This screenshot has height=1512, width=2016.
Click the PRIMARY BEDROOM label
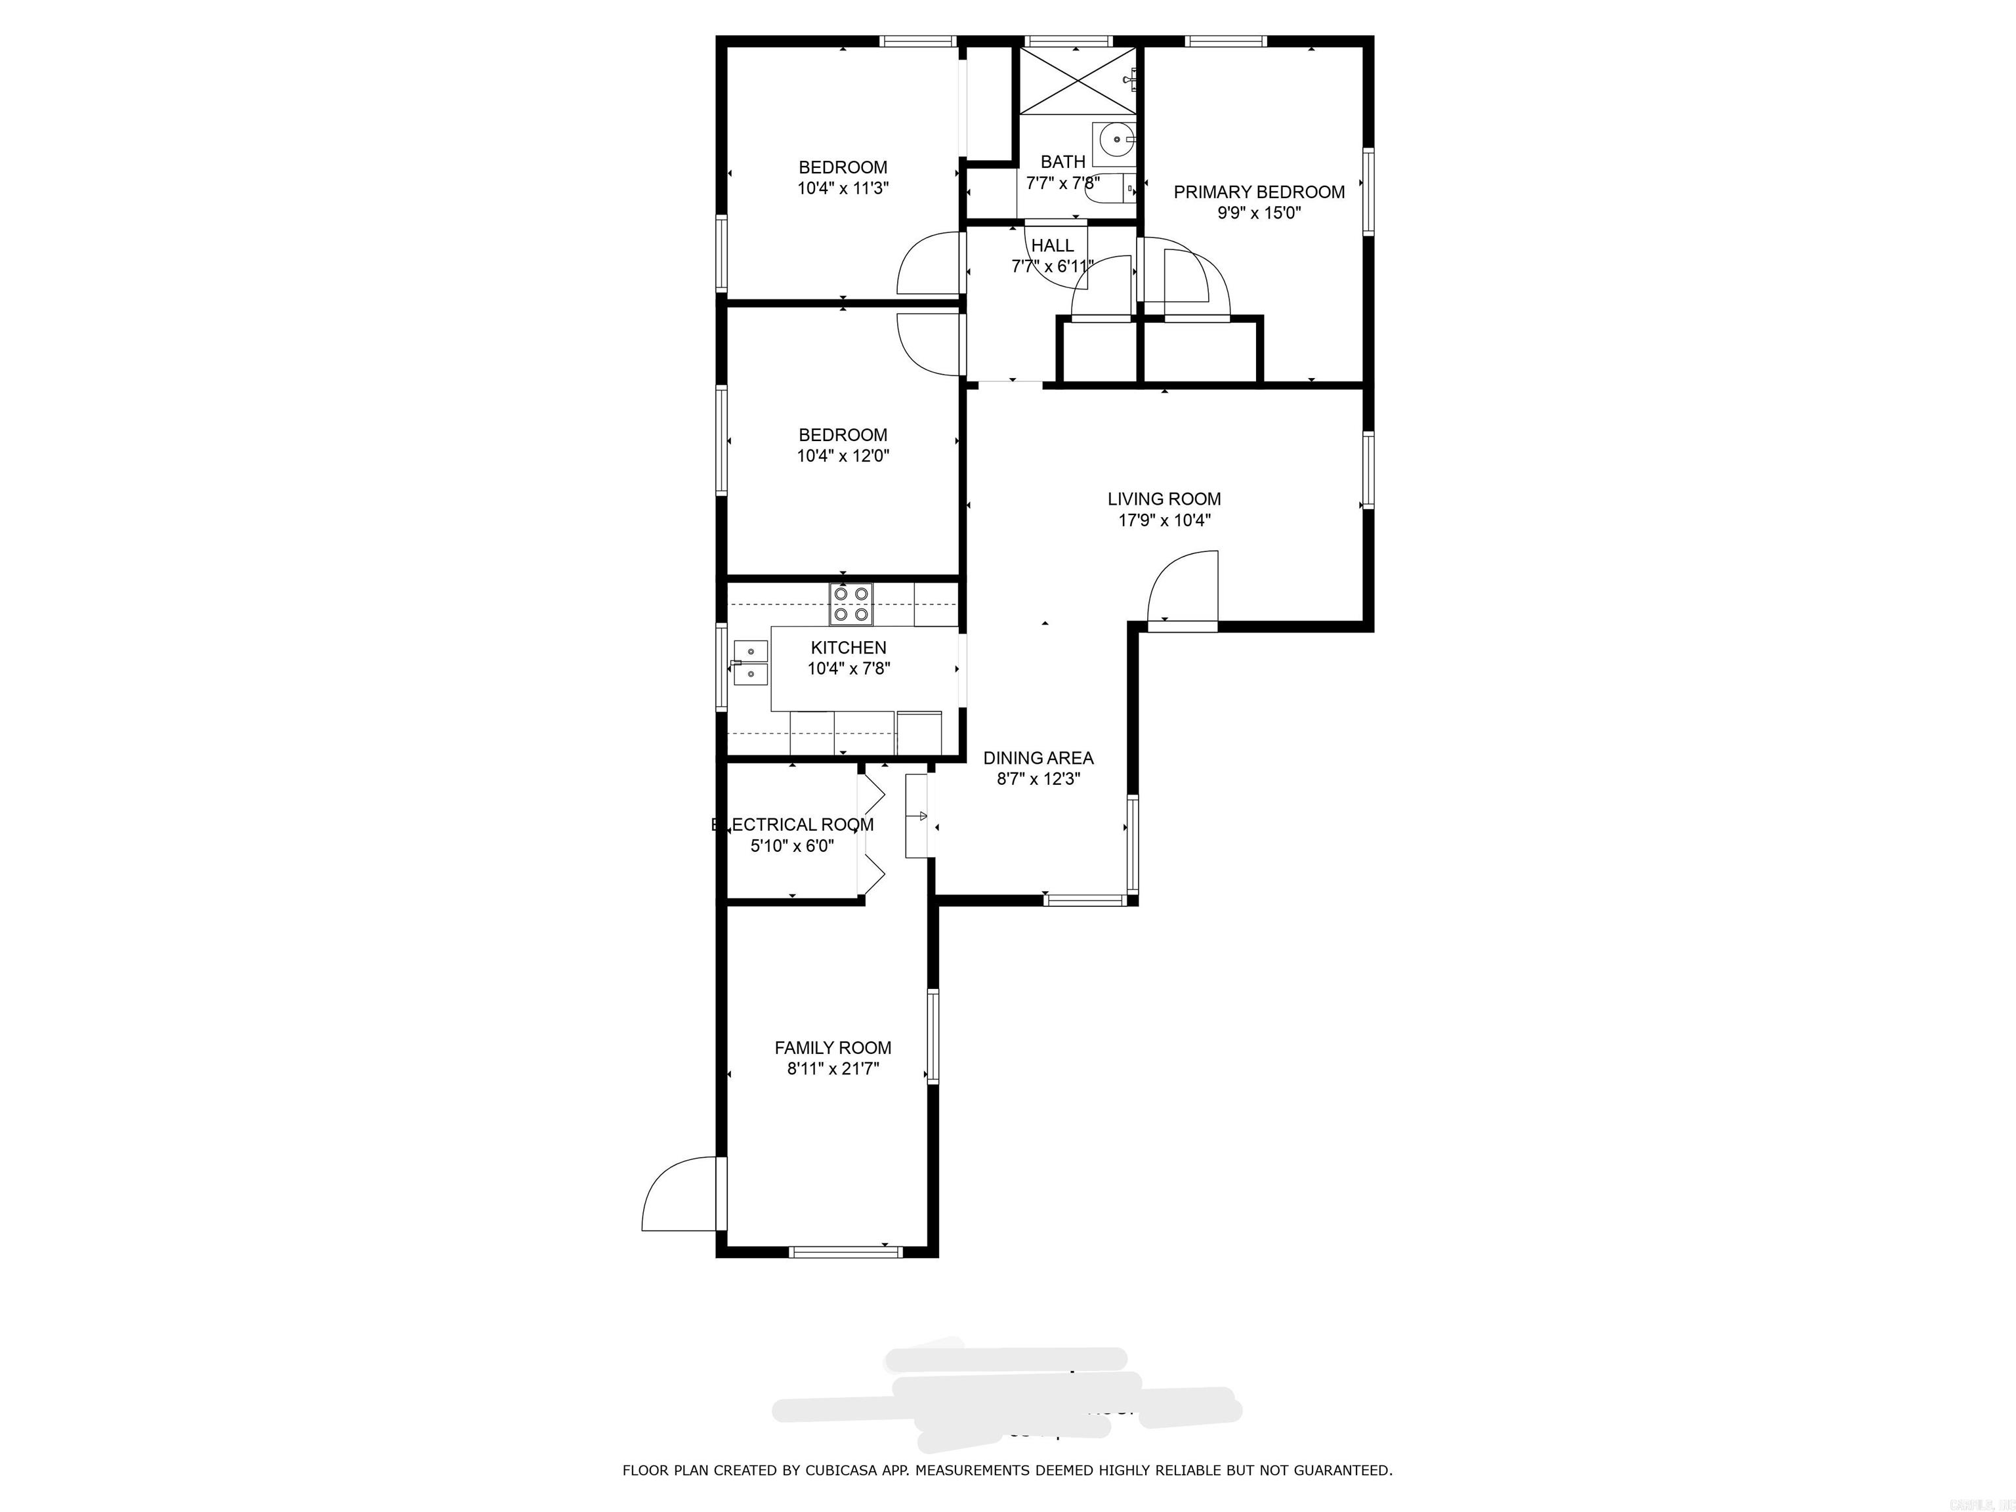pos(1259,192)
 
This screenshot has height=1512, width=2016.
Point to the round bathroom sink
pos(1116,141)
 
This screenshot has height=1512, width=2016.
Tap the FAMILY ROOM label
pos(832,1048)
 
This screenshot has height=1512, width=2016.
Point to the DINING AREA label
pos(1038,758)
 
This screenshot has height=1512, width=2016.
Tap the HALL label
pos(1053,246)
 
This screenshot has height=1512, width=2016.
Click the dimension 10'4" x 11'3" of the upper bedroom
pos(842,188)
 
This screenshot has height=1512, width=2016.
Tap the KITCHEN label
pos(849,648)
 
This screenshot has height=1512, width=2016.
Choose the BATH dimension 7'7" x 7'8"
pos(1062,183)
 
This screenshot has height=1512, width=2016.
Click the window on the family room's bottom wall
pos(845,1252)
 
